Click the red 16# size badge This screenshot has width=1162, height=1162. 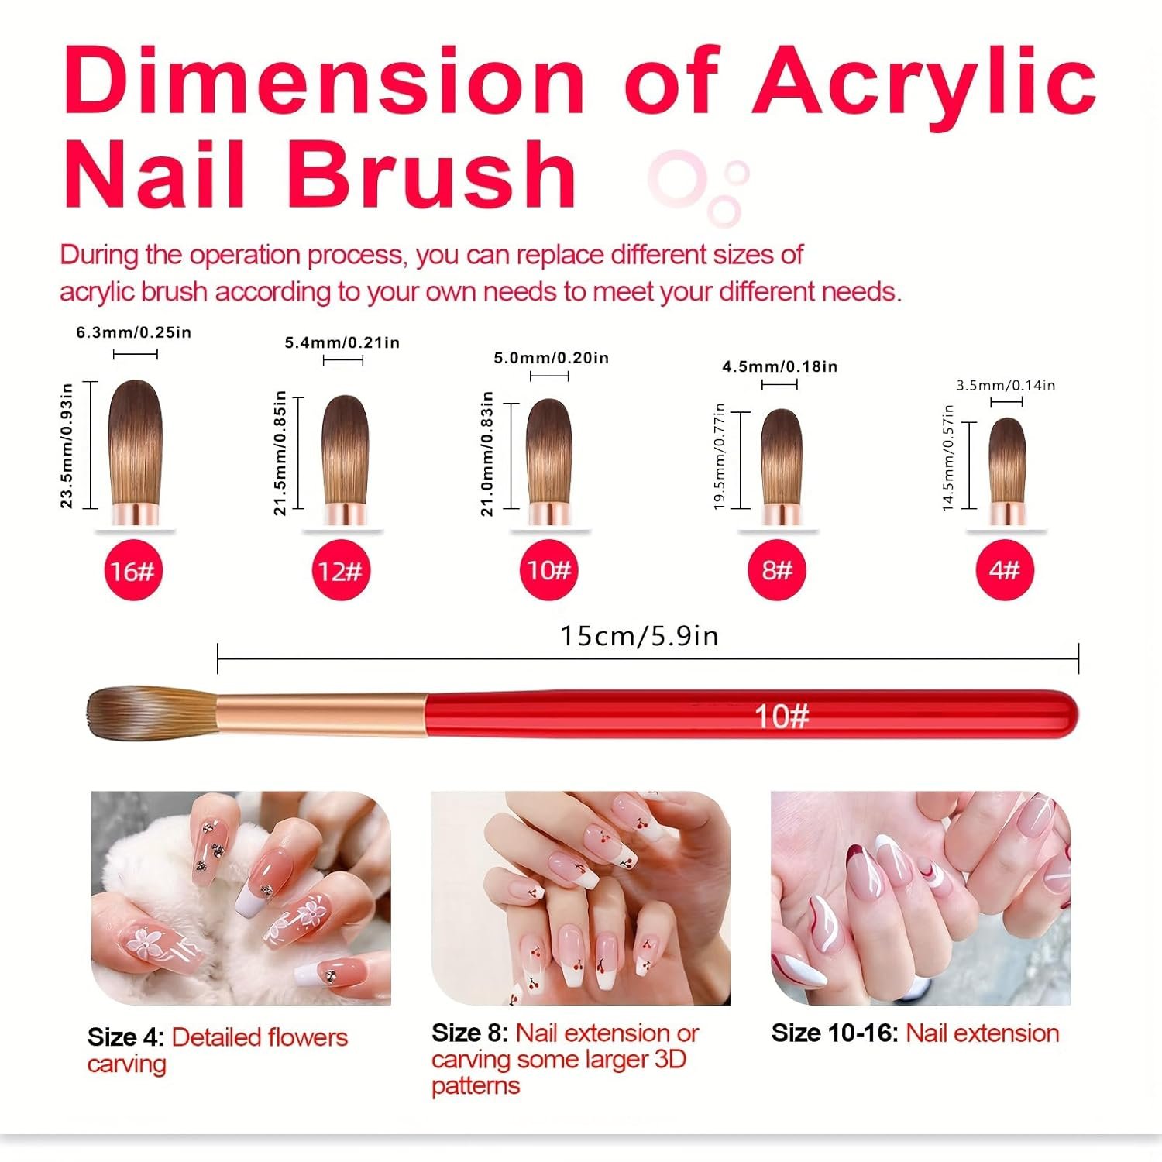(132, 571)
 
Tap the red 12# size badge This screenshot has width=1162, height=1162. (340, 571)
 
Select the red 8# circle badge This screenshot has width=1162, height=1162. (777, 571)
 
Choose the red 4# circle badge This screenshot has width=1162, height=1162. (1005, 571)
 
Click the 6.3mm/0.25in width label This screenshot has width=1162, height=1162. (133, 332)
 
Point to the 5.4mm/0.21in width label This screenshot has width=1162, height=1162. (342, 342)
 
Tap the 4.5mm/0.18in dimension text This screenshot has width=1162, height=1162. (780, 366)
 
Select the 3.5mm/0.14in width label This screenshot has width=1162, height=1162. (1006, 385)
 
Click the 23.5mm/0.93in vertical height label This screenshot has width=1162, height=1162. (67, 445)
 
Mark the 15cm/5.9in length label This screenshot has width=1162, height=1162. (639, 636)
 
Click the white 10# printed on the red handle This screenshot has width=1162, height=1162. (782, 717)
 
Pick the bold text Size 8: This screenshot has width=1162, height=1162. (469, 1033)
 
